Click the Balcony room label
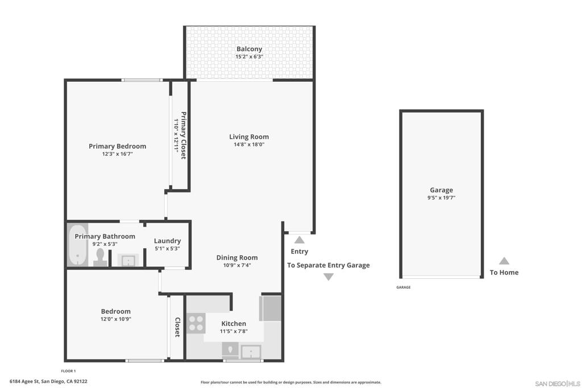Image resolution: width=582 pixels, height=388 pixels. tap(249, 49)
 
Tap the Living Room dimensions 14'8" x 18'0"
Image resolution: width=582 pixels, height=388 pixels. tap(249, 145)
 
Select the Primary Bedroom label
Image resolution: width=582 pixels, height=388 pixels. tap(117, 146)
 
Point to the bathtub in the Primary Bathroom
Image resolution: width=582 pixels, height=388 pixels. tap(77, 245)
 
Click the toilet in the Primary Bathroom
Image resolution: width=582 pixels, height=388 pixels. tap(100, 257)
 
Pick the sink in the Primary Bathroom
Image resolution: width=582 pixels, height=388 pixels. tap(128, 260)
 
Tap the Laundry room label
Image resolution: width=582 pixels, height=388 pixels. tap(168, 241)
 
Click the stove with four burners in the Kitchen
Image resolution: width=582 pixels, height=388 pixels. tap(196, 323)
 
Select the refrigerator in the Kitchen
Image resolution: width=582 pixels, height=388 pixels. tap(271, 308)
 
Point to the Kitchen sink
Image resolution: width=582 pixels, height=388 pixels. tap(251, 351)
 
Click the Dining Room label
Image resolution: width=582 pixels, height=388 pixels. tap(237, 257)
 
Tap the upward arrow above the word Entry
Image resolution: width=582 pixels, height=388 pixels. tap(300, 240)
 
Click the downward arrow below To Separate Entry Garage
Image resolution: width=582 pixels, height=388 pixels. tap(329, 277)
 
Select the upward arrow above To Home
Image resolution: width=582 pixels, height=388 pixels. tap(504, 261)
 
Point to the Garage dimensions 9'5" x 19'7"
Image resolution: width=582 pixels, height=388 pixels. tap(441, 198)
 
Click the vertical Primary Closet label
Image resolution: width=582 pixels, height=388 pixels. tap(184, 135)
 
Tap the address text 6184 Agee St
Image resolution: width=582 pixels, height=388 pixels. tap(24, 381)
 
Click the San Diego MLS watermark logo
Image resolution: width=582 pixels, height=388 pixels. tap(558, 383)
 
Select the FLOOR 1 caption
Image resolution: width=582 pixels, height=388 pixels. tap(68, 371)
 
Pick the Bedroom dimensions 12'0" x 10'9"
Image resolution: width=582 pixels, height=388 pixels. tap(116, 319)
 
